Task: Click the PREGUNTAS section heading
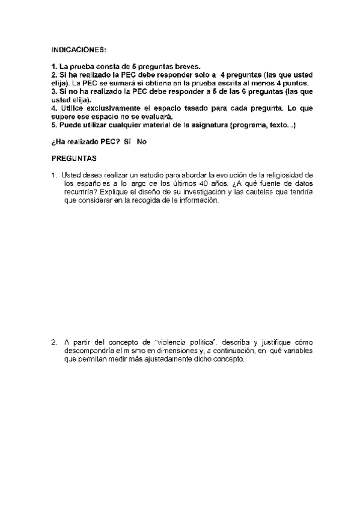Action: tap(74, 158)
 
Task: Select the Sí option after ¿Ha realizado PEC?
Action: tap(127, 141)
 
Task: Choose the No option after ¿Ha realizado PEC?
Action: tap(142, 141)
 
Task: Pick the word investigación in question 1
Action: tap(201, 191)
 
